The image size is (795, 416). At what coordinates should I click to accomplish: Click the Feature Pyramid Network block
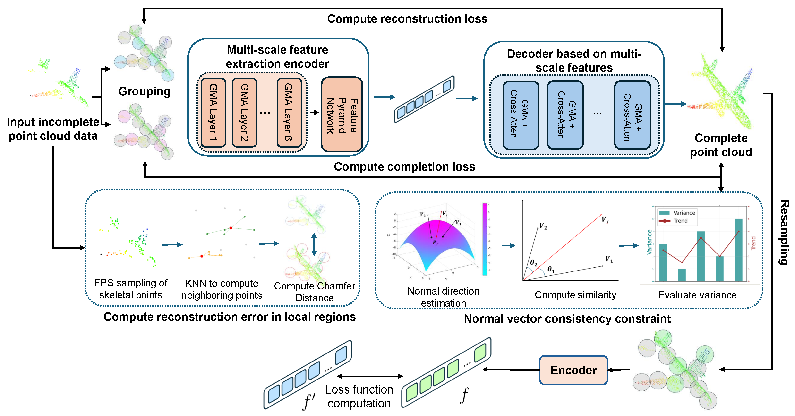pyautogui.click(x=342, y=114)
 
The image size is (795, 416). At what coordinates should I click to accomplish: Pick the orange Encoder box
pyautogui.click(x=573, y=370)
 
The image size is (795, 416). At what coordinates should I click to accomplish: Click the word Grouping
pyautogui.click(x=144, y=91)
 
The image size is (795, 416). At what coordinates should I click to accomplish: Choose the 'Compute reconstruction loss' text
pyautogui.click(x=407, y=19)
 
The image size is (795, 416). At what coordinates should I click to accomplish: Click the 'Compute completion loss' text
pyautogui.click(x=404, y=167)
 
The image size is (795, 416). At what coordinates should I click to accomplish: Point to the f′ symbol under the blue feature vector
pyautogui.click(x=309, y=402)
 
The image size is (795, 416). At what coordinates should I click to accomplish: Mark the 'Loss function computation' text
pyautogui.click(x=359, y=397)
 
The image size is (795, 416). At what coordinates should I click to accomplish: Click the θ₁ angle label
pyautogui.click(x=551, y=269)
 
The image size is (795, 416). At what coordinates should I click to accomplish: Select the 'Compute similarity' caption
pyautogui.click(x=575, y=295)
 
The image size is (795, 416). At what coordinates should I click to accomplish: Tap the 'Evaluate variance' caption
pyautogui.click(x=697, y=295)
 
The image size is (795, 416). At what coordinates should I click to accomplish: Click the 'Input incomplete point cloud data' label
pyautogui.click(x=53, y=129)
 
